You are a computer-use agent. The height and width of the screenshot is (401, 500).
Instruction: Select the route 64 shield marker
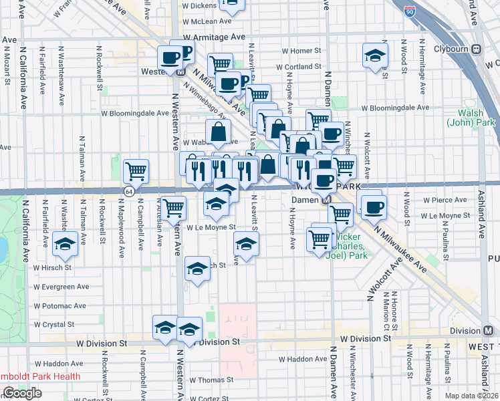coord(127,192)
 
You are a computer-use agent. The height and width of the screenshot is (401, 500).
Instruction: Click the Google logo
coord(22,393)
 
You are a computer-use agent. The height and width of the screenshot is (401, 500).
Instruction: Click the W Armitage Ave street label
coord(219,38)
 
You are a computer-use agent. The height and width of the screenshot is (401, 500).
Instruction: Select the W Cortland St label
coord(301,67)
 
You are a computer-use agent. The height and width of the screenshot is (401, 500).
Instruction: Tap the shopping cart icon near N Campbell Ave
coord(136,171)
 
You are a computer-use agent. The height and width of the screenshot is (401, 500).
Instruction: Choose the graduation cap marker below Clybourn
coord(375,56)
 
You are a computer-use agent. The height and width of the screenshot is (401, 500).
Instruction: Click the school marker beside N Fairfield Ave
coord(65,244)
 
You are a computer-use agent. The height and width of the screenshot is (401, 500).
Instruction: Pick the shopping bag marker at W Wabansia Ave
coord(219,132)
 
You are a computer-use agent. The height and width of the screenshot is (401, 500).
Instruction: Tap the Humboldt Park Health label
coord(40,376)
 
